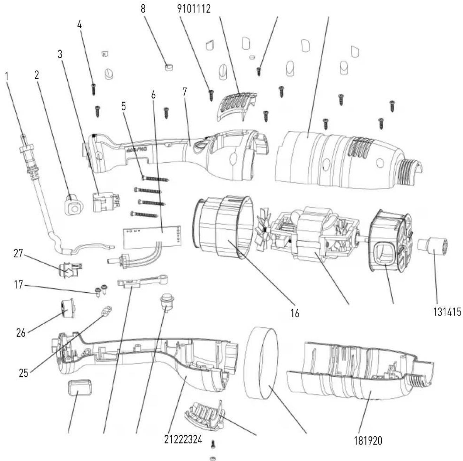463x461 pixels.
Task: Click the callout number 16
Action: (x=295, y=313)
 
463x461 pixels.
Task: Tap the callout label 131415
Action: (x=444, y=312)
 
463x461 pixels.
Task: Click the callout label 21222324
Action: (x=183, y=439)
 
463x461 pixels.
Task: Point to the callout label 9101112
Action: (x=194, y=9)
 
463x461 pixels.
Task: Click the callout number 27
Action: (x=18, y=253)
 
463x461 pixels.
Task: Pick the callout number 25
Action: (x=24, y=373)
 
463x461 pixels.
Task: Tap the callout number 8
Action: (x=143, y=9)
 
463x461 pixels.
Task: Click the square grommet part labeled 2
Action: (x=74, y=204)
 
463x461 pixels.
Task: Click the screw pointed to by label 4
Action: (x=94, y=89)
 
